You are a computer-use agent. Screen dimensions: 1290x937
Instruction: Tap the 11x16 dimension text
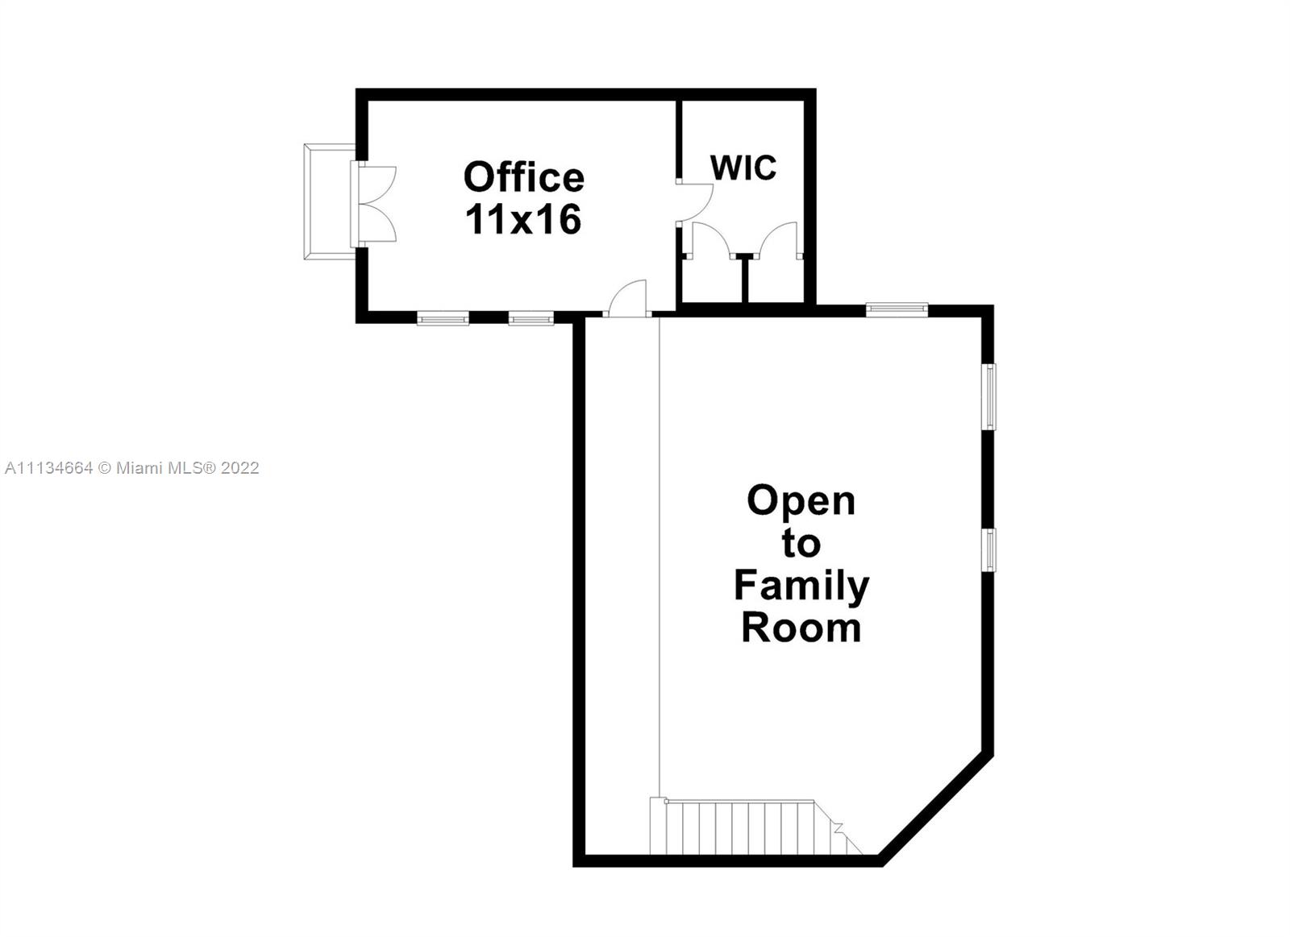click(523, 219)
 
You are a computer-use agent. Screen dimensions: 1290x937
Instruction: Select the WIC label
click(743, 168)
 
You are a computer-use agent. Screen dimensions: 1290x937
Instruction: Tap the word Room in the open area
click(801, 628)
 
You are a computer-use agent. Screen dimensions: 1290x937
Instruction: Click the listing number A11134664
click(48, 468)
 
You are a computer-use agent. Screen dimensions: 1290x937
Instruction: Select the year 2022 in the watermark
click(239, 468)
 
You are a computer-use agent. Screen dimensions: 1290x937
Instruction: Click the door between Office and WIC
click(695, 202)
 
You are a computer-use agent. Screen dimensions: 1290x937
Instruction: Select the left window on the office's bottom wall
click(443, 318)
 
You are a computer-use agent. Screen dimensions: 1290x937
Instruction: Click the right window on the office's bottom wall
click(531, 318)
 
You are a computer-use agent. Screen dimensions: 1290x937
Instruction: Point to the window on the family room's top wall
click(897, 309)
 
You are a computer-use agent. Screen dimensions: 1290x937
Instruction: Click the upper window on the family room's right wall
click(988, 396)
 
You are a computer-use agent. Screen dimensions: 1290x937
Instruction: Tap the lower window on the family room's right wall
click(988, 550)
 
